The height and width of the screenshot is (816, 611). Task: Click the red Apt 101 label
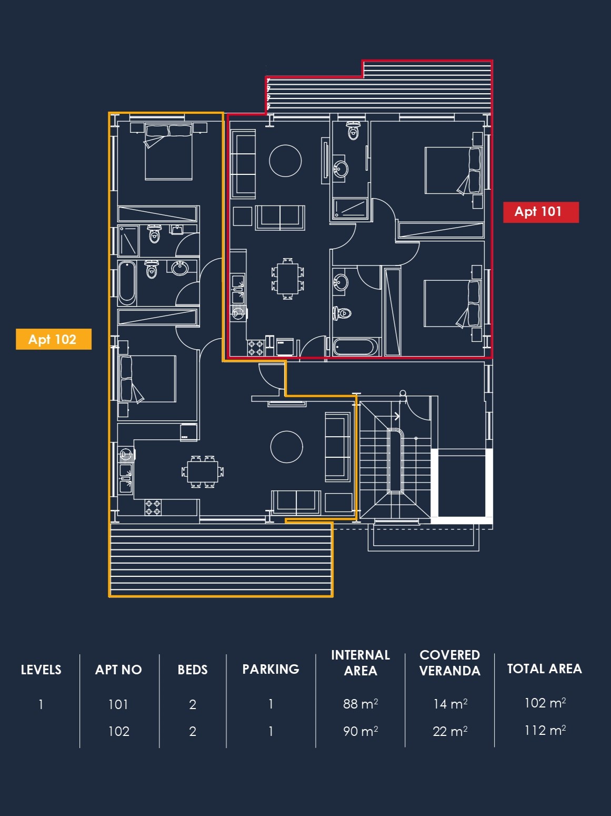point(541,212)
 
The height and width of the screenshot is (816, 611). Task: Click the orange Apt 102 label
point(54,339)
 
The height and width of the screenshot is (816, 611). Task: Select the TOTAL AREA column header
point(544,669)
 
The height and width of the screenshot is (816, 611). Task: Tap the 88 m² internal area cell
point(360,704)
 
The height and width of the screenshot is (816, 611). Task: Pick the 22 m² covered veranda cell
point(450,731)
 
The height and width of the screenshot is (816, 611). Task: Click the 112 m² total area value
point(545,731)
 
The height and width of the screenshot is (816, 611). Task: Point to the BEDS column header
point(192,670)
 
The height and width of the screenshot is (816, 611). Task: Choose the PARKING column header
point(271,669)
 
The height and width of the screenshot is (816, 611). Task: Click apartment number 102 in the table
point(119,731)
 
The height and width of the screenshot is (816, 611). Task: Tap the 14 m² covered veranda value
point(450,704)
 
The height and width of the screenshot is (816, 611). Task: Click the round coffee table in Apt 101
point(285,161)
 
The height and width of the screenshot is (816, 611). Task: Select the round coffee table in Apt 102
point(287,447)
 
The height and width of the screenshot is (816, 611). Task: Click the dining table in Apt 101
point(288,279)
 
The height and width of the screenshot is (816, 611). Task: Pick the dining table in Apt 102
point(202,471)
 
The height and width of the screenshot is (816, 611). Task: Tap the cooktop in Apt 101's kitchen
point(255,348)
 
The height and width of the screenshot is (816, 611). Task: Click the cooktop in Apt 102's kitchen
point(153,507)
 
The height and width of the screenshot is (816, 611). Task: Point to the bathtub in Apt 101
point(355,347)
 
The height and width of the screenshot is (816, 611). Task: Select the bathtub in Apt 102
point(127,283)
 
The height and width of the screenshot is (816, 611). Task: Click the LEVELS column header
point(41,670)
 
